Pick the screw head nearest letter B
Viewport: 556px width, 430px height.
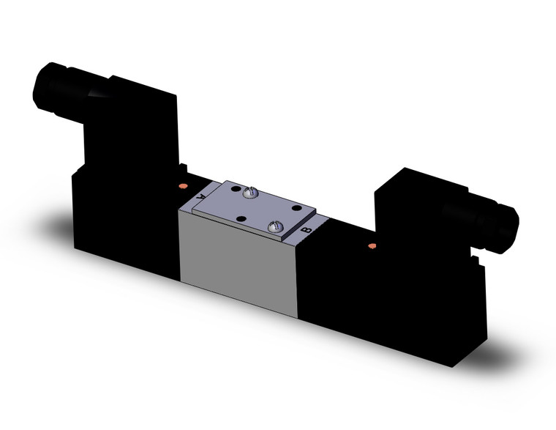[x=276, y=228]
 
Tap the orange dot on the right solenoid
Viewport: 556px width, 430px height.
[x=372, y=245]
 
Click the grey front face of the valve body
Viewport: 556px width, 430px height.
[x=238, y=260]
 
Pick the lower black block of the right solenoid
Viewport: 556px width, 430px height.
[x=395, y=293]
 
